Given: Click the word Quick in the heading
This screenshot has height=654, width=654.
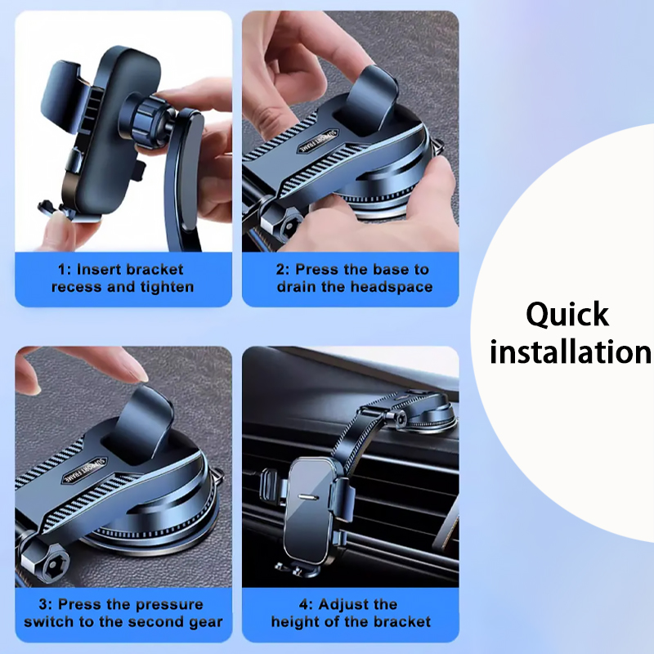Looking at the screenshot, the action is pyautogui.click(x=567, y=316).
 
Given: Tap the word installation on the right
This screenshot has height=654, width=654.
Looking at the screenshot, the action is pyautogui.click(x=570, y=352).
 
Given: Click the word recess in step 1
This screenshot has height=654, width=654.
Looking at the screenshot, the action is pyautogui.click(x=77, y=287).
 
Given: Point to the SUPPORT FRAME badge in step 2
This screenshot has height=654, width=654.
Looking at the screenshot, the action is pyautogui.click(x=318, y=141).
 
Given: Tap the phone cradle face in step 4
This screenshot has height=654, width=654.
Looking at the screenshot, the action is pyautogui.click(x=309, y=505).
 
